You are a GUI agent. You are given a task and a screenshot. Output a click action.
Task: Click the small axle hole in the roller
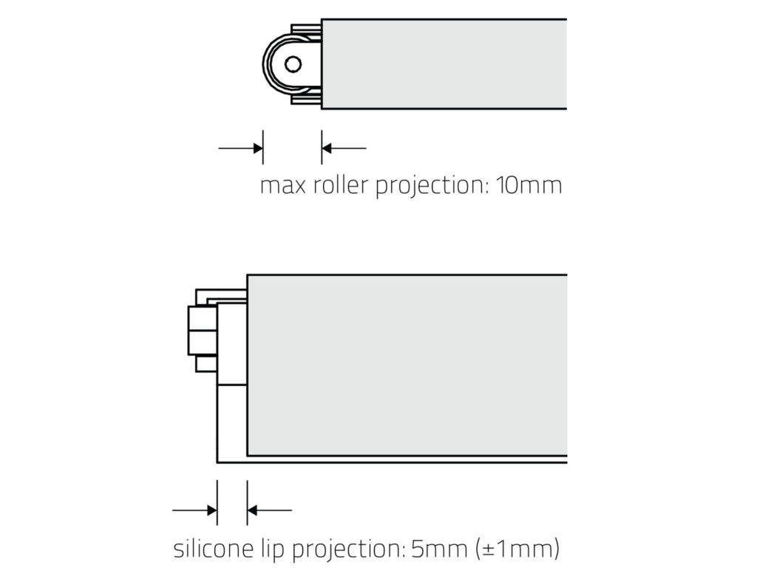click(x=293, y=64)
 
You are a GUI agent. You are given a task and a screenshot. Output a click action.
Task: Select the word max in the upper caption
click(x=276, y=186)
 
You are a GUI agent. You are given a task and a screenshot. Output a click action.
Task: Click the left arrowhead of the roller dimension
click(x=257, y=149)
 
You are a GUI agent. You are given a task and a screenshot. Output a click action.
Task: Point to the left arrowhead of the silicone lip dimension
click(x=211, y=510)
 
